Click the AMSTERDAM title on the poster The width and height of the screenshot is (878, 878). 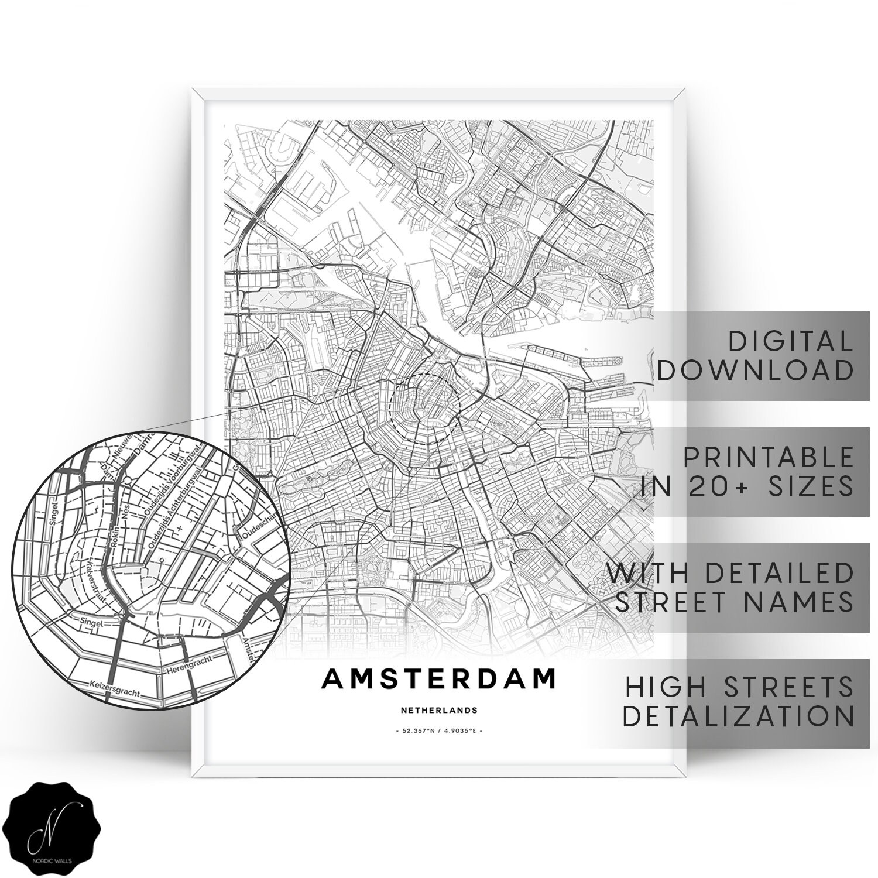coord(438,679)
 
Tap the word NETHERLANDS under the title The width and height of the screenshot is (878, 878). coord(439,711)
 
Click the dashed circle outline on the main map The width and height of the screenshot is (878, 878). coord(389,404)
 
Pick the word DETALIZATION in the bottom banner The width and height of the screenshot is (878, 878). coord(738,715)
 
